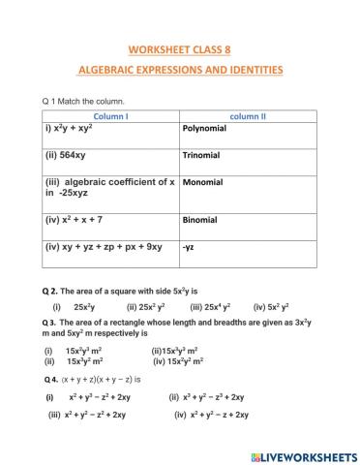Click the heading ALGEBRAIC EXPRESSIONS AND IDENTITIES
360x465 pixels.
pyautogui.click(x=179, y=70)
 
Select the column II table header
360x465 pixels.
pyautogui.click(x=248, y=116)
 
